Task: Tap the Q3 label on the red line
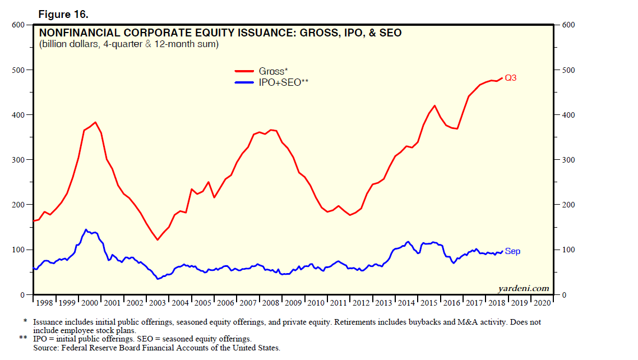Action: click(x=510, y=78)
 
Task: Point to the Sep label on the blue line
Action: click(x=512, y=252)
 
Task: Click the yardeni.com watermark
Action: click(x=524, y=288)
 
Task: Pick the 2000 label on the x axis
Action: click(x=90, y=303)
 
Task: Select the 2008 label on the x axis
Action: click(x=271, y=303)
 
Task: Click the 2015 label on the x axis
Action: click(x=429, y=303)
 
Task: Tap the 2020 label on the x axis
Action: click(x=542, y=303)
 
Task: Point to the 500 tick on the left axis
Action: click(x=18, y=70)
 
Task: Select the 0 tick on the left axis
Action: click(x=22, y=295)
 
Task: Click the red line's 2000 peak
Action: click(x=95, y=122)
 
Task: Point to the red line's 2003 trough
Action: click(x=158, y=240)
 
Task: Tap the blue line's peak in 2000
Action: click(x=85, y=229)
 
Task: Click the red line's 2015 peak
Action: click(x=434, y=105)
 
